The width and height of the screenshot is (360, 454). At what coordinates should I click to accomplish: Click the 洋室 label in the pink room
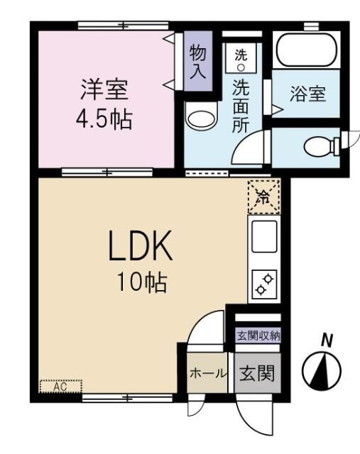click(x=104, y=91)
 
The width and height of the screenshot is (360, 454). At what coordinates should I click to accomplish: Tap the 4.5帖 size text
click(x=104, y=118)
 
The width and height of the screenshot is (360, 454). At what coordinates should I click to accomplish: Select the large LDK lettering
click(x=140, y=249)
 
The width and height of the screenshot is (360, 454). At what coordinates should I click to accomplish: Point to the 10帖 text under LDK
click(x=143, y=284)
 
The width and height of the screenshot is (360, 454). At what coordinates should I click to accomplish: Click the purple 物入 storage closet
click(x=197, y=62)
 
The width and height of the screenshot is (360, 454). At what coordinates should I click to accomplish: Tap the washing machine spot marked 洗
click(x=241, y=57)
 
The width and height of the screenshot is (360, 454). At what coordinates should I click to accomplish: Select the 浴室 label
click(x=307, y=94)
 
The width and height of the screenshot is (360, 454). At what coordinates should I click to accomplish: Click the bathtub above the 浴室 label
click(x=307, y=50)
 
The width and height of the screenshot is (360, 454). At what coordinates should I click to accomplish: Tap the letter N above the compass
click(x=327, y=340)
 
